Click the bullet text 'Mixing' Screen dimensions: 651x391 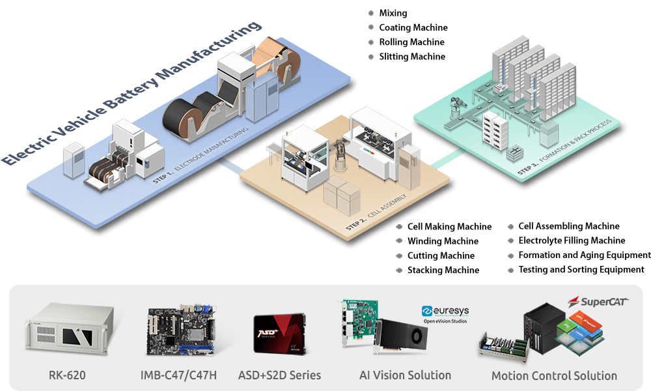[x=393, y=13]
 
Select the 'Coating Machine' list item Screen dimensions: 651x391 [x=413, y=27]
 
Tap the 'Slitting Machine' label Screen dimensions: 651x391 [x=412, y=57]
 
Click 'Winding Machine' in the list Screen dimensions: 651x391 [x=443, y=241]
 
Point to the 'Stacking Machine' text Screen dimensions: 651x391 [x=443, y=270]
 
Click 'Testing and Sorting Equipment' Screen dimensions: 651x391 [x=581, y=269]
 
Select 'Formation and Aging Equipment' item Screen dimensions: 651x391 [x=584, y=255]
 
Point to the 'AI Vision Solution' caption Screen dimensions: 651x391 [x=405, y=375]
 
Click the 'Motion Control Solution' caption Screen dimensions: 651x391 [x=554, y=376]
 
